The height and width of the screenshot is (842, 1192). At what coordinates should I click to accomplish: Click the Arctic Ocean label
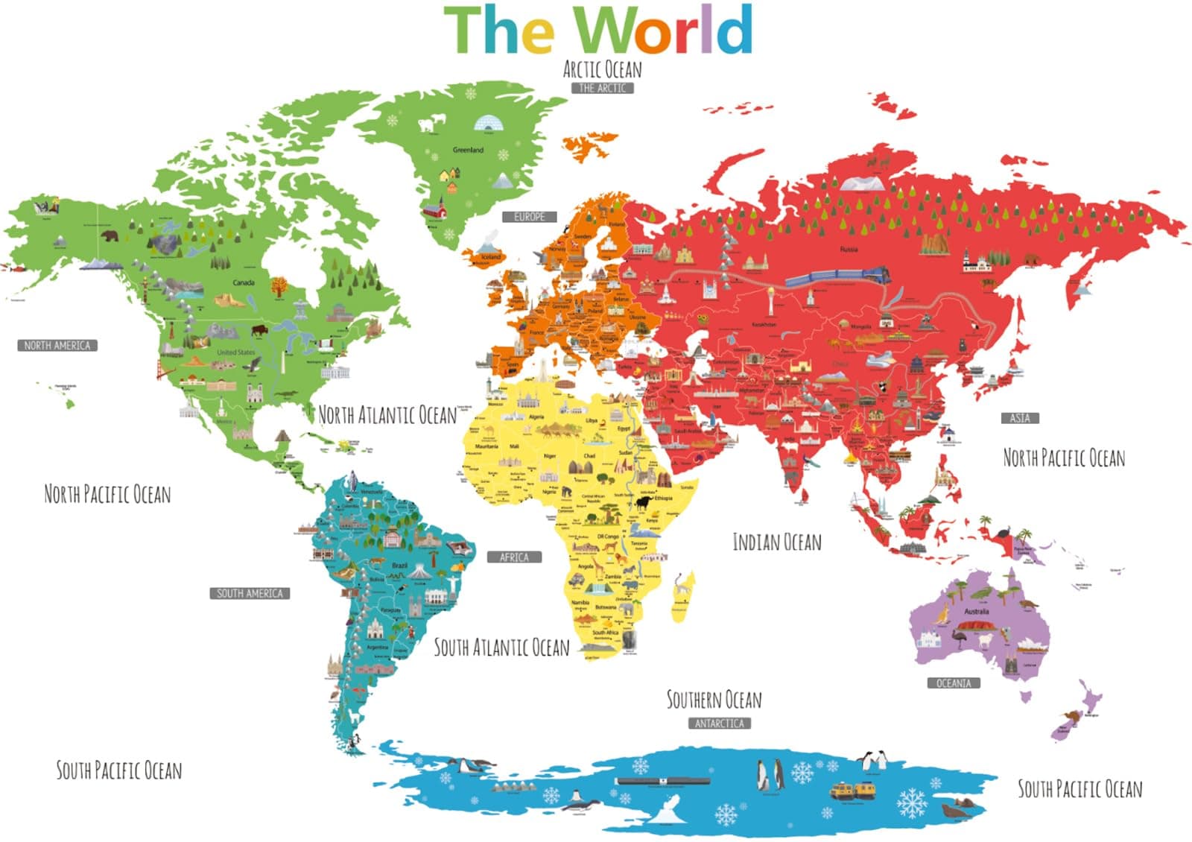tap(602, 69)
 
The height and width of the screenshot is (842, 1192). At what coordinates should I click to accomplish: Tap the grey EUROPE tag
tap(529, 217)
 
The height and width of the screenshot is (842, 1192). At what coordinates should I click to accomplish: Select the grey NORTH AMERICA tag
tap(57, 346)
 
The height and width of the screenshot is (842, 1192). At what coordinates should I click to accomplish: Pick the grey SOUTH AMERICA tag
tap(250, 593)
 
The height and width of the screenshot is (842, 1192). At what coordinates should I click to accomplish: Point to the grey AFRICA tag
tap(514, 557)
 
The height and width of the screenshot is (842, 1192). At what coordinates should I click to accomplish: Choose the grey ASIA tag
tap(1019, 418)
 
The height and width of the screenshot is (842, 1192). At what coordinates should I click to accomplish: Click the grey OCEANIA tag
tap(954, 683)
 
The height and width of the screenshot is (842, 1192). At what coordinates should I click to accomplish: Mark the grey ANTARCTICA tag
tap(719, 723)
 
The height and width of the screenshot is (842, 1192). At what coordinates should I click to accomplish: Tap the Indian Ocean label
tap(777, 542)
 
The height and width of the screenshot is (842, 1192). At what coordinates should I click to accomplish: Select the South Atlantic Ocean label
tap(501, 647)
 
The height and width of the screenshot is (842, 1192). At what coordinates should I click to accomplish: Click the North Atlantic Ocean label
tap(387, 414)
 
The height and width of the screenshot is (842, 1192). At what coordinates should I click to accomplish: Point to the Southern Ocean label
tap(714, 700)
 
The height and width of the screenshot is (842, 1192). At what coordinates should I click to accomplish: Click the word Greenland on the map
tap(468, 150)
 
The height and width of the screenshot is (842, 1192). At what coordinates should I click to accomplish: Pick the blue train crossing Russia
tap(838, 276)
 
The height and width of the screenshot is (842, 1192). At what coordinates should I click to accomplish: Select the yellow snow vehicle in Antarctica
tap(853, 791)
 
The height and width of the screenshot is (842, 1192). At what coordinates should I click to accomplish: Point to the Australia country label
tap(976, 611)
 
